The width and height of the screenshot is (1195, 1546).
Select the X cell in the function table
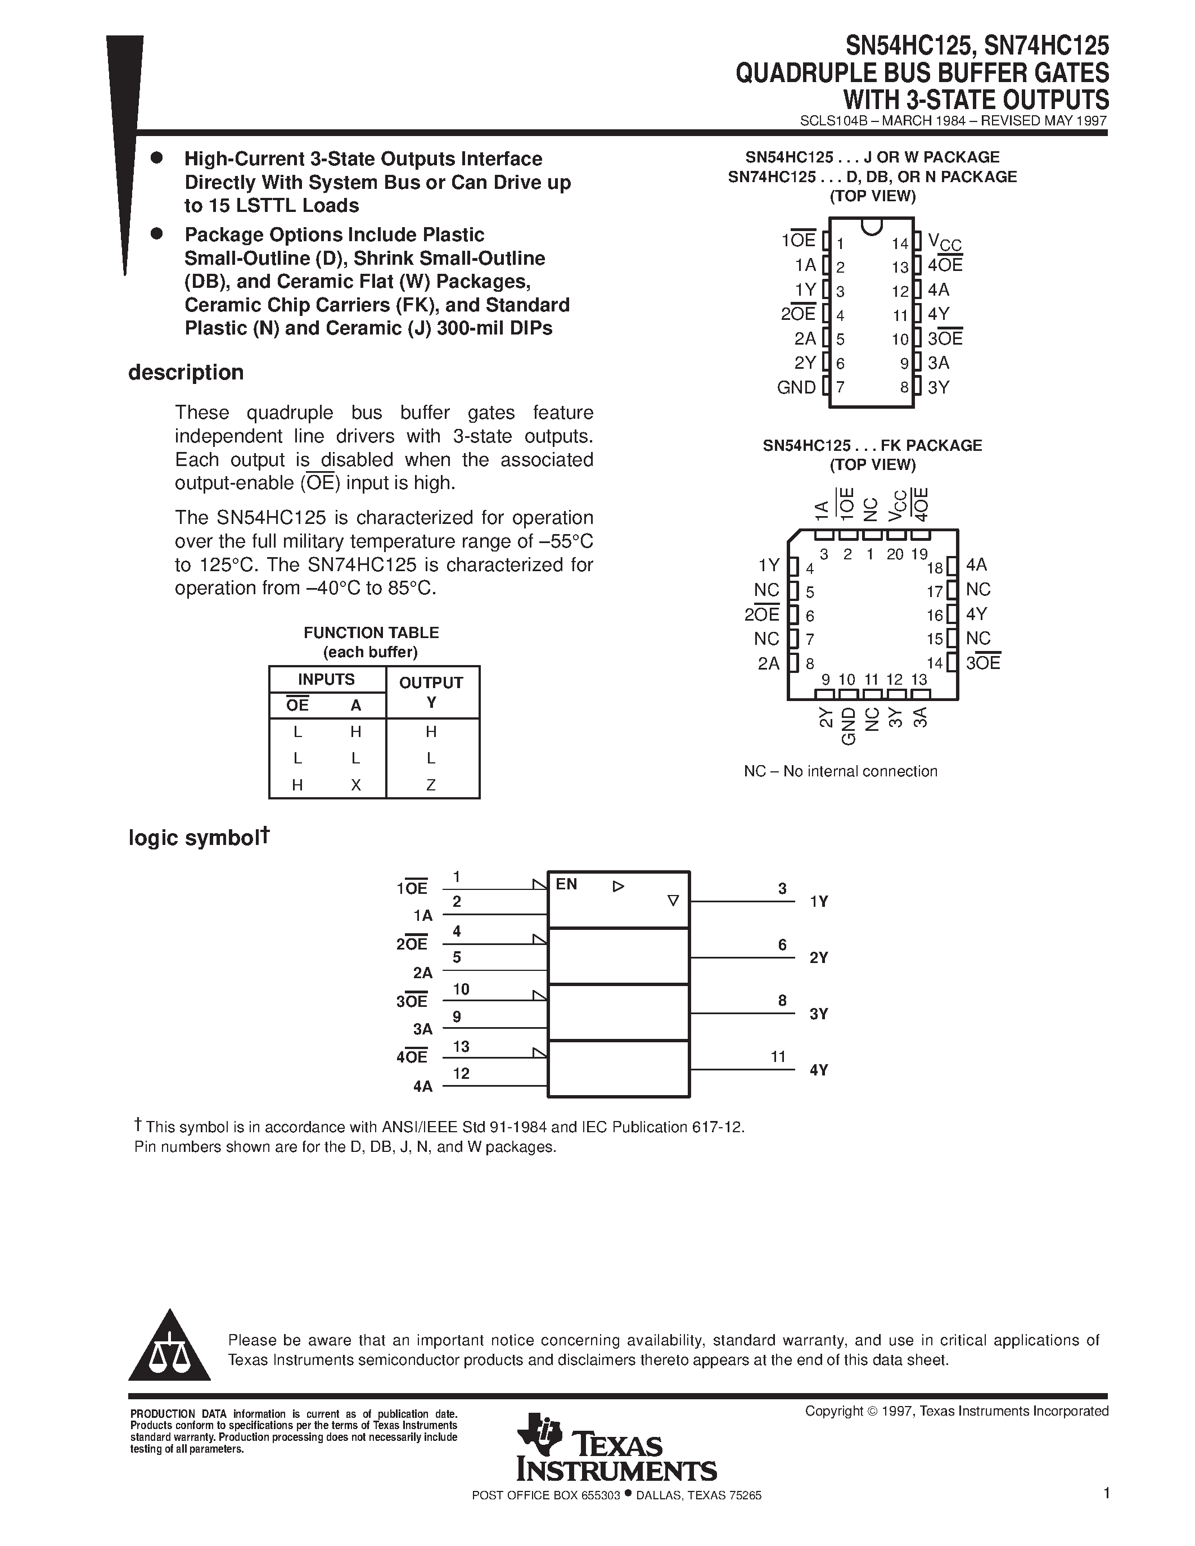click(x=355, y=784)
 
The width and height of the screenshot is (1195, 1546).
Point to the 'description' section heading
click(x=186, y=372)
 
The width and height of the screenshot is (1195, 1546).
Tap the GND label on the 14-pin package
click(x=796, y=387)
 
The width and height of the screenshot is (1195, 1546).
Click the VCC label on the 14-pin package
click(x=944, y=243)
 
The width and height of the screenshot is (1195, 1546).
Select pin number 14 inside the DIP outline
click(x=899, y=244)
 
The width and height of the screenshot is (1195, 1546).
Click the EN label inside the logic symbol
click(x=566, y=884)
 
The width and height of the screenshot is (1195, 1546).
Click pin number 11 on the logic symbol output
click(x=778, y=1057)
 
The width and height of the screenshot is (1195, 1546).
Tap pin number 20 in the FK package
click(x=895, y=554)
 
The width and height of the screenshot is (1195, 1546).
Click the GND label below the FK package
click(x=848, y=726)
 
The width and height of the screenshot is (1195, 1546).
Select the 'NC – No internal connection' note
click(x=840, y=771)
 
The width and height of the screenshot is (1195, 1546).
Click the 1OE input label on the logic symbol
click(x=412, y=888)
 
